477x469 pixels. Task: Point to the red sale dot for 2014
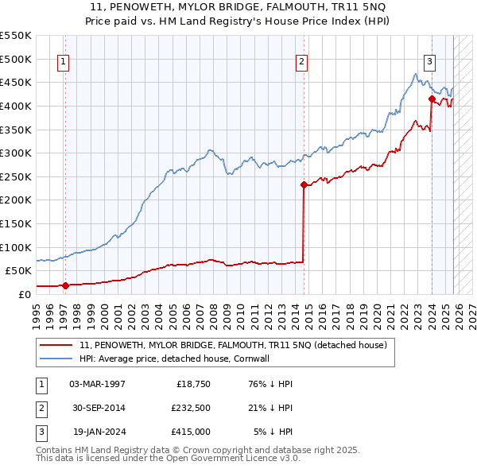click(x=304, y=184)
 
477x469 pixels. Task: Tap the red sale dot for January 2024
click(x=432, y=99)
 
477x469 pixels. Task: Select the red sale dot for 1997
click(x=65, y=285)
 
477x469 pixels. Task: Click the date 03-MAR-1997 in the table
click(x=97, y=384)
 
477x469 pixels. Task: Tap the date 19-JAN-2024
click(x=97, y=432)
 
